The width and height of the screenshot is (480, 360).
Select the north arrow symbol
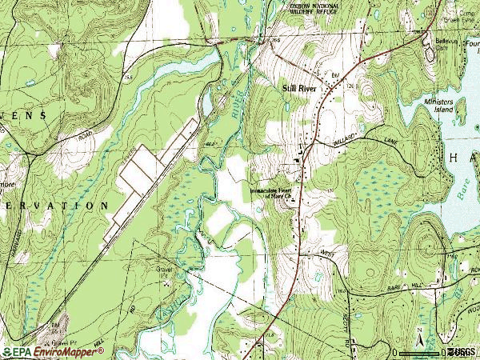[418, 330]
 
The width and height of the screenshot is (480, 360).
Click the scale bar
[419, 350]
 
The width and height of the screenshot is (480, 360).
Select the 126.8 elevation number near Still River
[350, 82]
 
